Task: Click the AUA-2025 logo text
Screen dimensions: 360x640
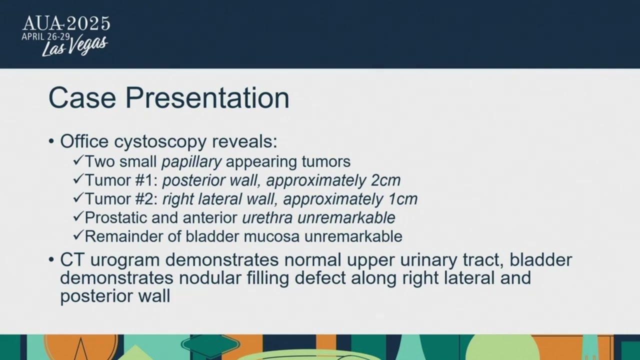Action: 66,23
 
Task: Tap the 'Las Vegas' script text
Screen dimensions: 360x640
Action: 74,46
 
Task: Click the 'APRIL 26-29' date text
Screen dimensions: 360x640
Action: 45,36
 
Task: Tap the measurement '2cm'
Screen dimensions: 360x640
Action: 385,180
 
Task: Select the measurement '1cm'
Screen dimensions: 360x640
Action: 402,199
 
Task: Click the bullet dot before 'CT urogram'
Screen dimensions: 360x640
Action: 51,260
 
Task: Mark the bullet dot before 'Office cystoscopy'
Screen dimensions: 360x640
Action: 51,142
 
